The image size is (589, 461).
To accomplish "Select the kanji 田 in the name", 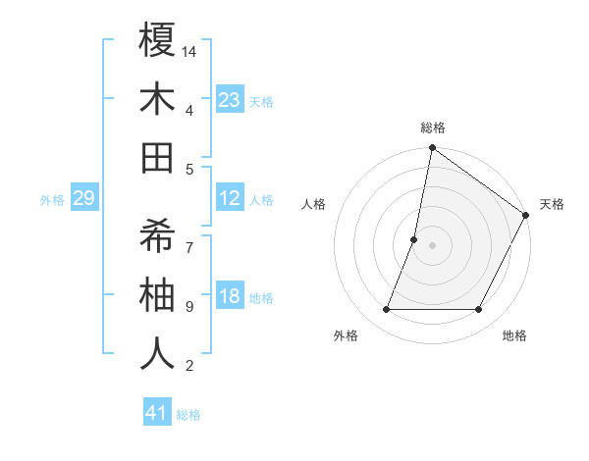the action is tap(158, 157).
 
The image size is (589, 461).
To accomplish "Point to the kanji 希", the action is tap(158, 235).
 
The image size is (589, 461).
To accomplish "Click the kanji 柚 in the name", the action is tap(158, 294).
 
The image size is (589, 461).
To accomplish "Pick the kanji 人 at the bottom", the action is tap(158, 353).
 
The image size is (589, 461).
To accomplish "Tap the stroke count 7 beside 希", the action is tap(189, 236).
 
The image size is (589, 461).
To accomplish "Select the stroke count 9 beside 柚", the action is tap(189, 307).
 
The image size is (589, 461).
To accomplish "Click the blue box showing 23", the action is tap(230, 99).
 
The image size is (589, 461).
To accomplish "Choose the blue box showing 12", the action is tap(230, 199).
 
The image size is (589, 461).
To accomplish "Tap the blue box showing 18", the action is tap(230, 297).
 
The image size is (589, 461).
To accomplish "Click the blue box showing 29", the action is tap(84, 199).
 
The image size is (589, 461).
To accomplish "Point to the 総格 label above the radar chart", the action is tap(433, 128).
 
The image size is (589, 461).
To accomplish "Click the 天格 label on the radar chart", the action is tap(552, 204).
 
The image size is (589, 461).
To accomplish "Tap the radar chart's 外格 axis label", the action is tap(346, 335).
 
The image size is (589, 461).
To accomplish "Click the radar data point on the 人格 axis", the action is tap(414, 239).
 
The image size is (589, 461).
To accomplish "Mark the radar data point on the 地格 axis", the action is tap(479, 310).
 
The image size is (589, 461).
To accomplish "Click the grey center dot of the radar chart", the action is tap(433, 245).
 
